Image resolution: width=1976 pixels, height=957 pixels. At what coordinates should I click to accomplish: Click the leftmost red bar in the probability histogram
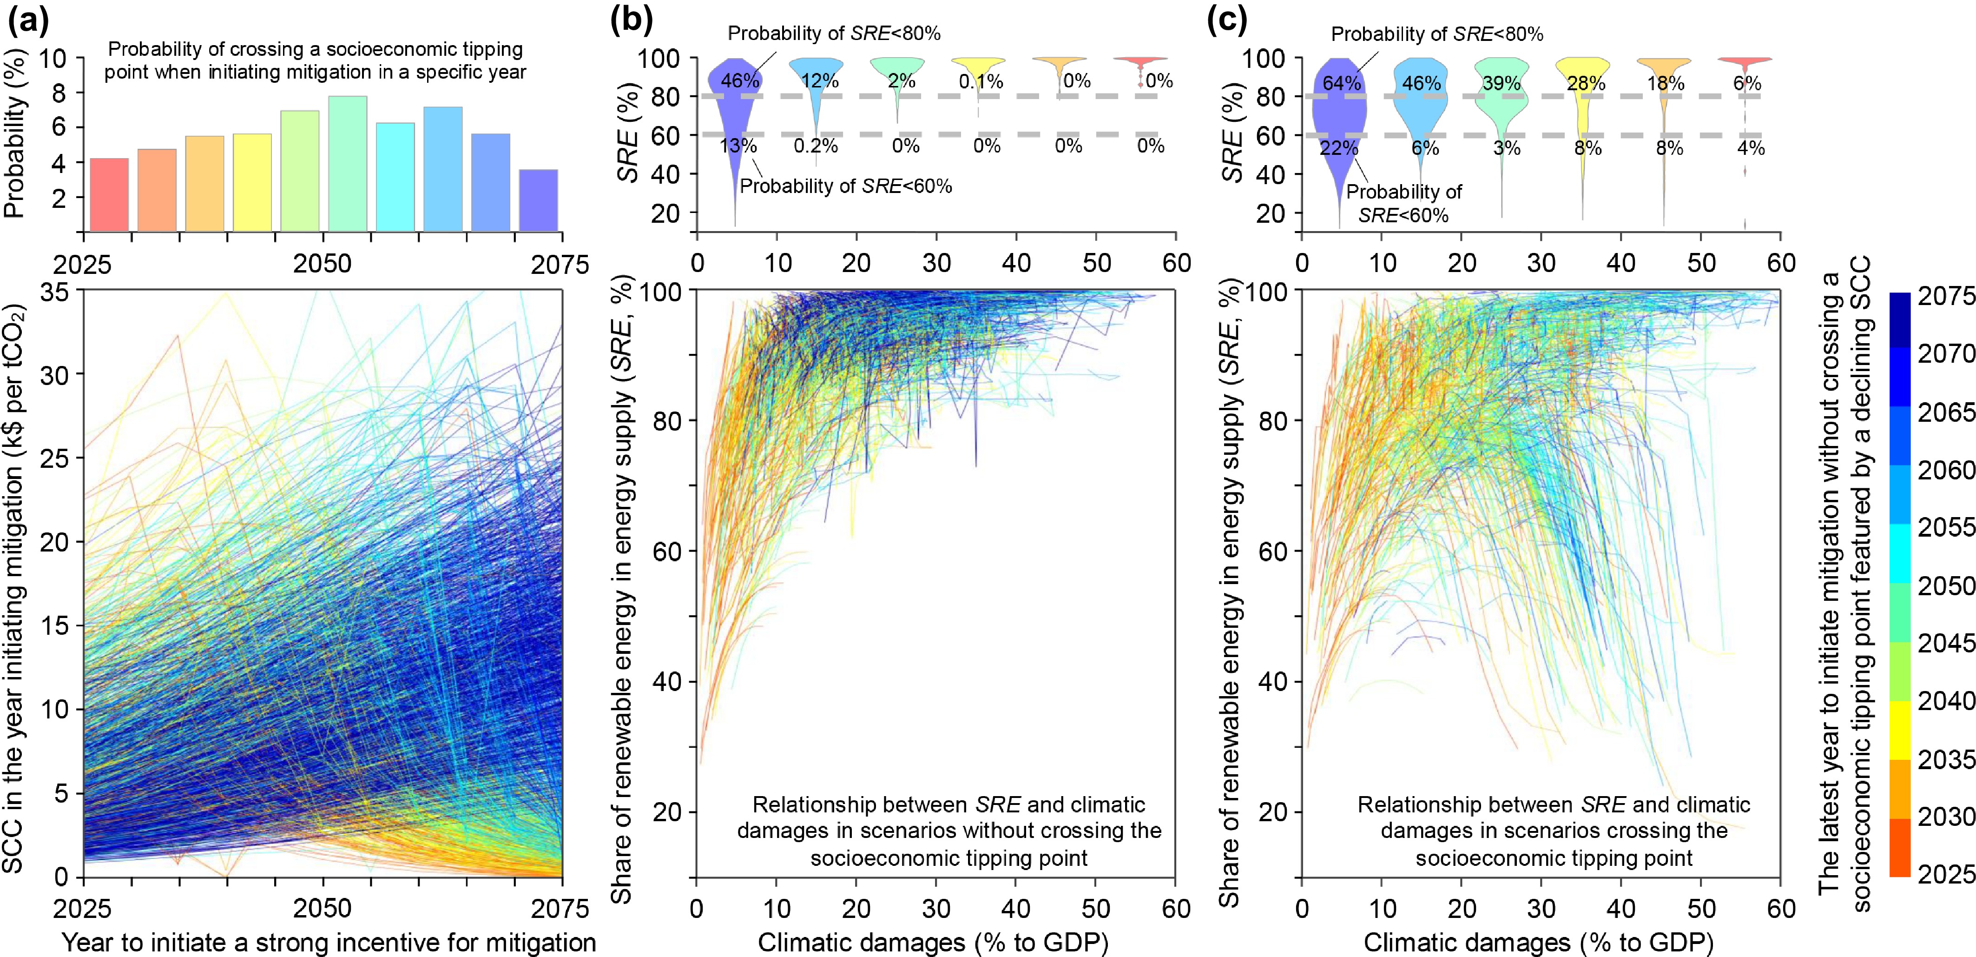click(x=109, y=195)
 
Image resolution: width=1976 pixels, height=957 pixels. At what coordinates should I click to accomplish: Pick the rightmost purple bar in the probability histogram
click(x=539, y=200)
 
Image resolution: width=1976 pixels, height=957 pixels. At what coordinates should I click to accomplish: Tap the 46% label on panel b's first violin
click(x=739, y=80)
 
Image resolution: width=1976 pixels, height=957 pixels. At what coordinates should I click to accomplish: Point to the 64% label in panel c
click(x=1341, y=83)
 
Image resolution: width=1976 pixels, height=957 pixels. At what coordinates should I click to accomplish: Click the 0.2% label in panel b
click(x=816, y=146)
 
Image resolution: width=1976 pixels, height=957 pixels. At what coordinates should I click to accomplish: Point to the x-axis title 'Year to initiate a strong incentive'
click(x=328, y=942)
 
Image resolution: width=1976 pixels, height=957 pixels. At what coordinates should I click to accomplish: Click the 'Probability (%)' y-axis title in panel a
click(x=15, y=135)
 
